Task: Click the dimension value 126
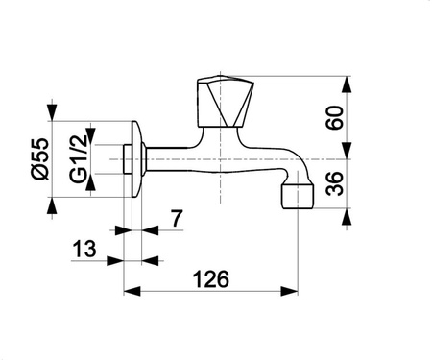(211, 279)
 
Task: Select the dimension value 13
(84, 249)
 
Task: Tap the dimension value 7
(177, 218)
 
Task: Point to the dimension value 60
(334, 117)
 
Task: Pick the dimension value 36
(334, 183)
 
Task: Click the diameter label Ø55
(40, 159)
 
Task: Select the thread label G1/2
(79, 158)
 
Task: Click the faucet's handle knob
(226, 102)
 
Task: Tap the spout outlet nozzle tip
(298, 196)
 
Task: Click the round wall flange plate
(137, 159)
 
